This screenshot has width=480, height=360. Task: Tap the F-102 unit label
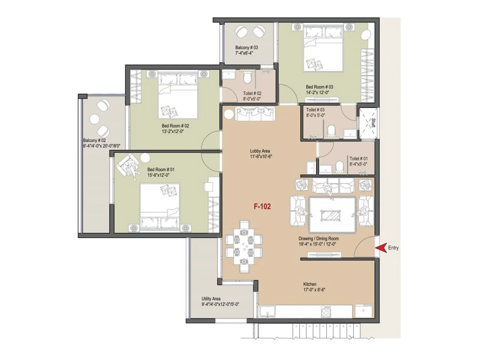point(262,206)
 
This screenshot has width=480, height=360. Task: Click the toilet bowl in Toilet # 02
point(247,79)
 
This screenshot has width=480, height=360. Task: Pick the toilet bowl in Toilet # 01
point(340,166)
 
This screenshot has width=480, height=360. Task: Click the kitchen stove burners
point(326,312)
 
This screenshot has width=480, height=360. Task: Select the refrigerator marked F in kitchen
point(363,311)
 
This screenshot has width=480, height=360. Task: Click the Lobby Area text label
point(260,151)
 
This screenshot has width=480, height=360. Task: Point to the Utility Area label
point(211,299)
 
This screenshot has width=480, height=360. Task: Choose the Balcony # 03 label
point(246,47)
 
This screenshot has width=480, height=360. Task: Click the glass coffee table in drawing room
point(331,215)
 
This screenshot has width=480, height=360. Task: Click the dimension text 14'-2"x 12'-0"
point(317,92)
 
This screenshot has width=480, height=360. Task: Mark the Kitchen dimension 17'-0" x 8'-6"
point(314,290)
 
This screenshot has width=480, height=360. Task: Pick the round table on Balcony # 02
point(94,119)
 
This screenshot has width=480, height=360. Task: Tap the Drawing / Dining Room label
point(319,238)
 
